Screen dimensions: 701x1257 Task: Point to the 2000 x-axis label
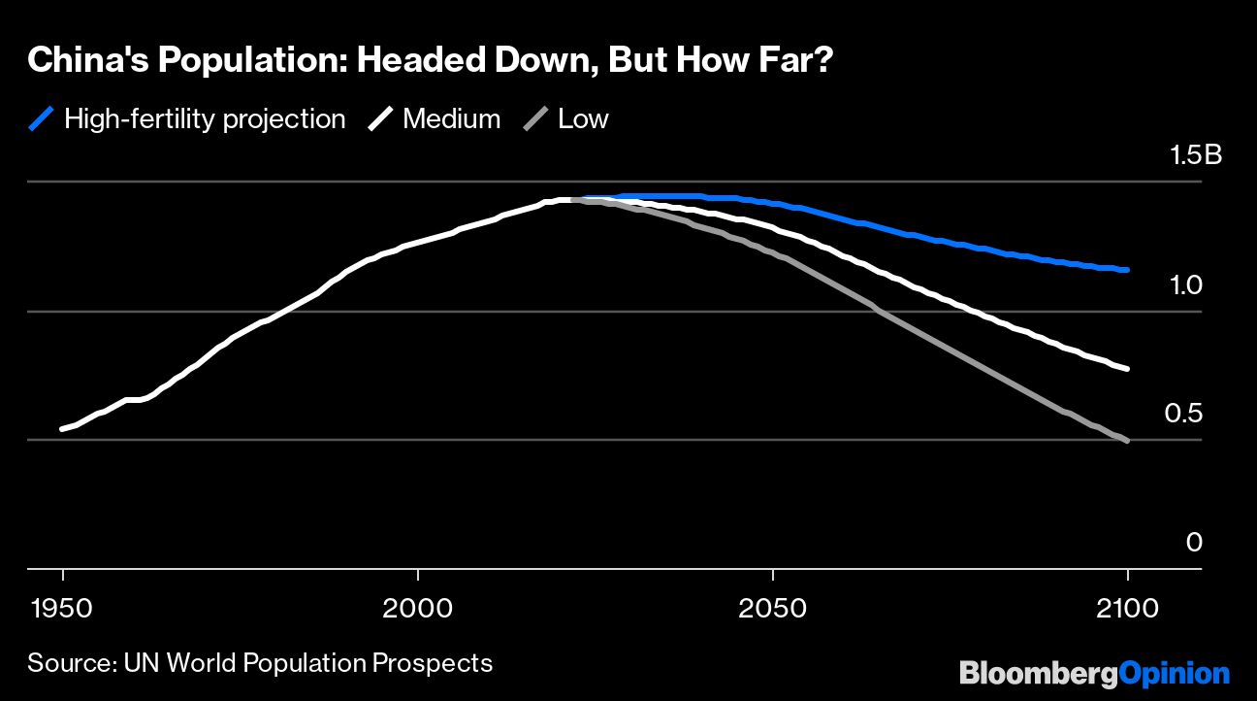tap(417, 609)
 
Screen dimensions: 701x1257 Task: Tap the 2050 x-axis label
tap(772, 609)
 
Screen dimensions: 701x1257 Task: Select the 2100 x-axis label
tap(1127, 609)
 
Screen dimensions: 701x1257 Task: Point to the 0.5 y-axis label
tap(1182, 415)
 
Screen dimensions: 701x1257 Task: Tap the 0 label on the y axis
tap(1194, 543)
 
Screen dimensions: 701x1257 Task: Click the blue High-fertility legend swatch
tap(41, 119)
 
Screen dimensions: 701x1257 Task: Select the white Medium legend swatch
tap(380, 119)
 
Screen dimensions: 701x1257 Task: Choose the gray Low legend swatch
tap(535, 119)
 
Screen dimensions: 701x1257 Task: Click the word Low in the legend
tap(583, 119)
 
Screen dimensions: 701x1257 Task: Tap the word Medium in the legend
tap(451, 119)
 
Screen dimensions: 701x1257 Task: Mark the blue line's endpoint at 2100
tap(1127, 270)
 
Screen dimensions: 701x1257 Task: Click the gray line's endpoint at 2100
tap(1127, 441)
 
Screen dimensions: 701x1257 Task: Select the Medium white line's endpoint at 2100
tap(1127, 369)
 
